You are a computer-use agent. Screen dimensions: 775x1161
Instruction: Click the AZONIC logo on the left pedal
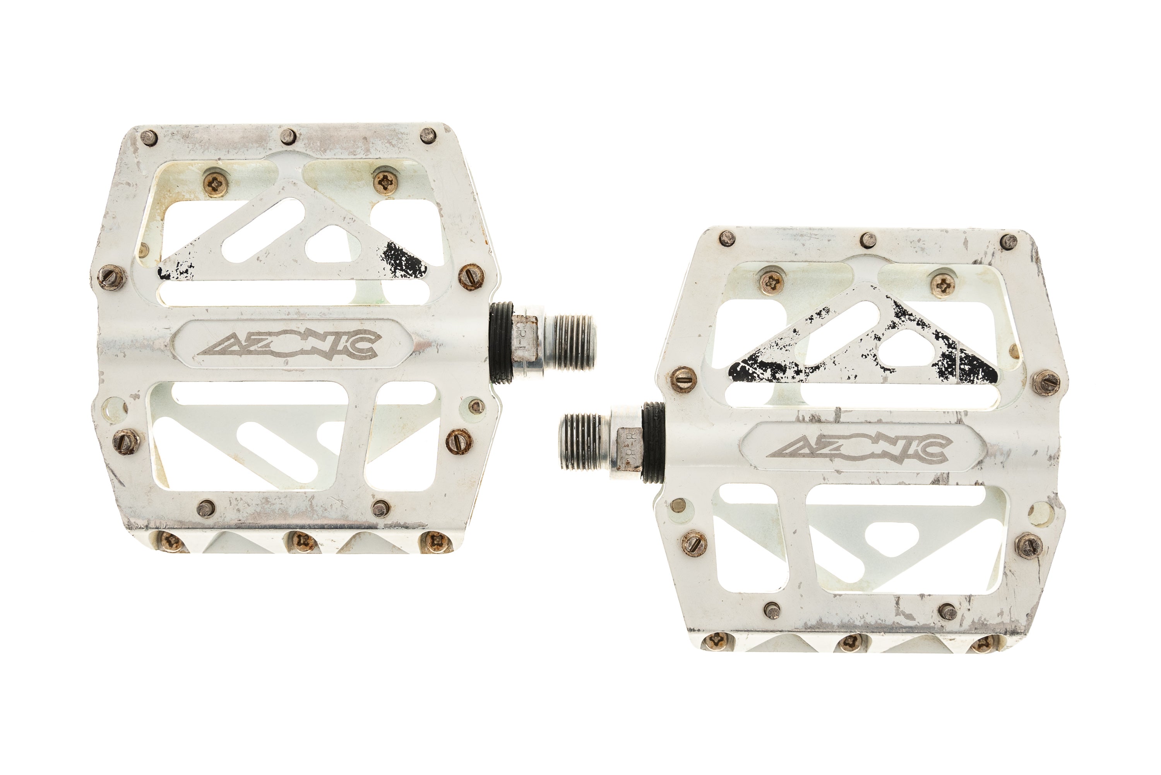(x=289, y=344)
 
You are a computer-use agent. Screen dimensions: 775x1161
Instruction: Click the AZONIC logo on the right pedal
(x=858, y=449)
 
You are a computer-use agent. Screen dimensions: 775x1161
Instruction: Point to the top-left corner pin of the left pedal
(x=149, y=137)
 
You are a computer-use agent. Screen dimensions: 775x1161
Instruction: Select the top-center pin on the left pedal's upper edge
(x=288, y=136)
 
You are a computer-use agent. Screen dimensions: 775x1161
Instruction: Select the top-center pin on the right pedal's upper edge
(x=868, y=240)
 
